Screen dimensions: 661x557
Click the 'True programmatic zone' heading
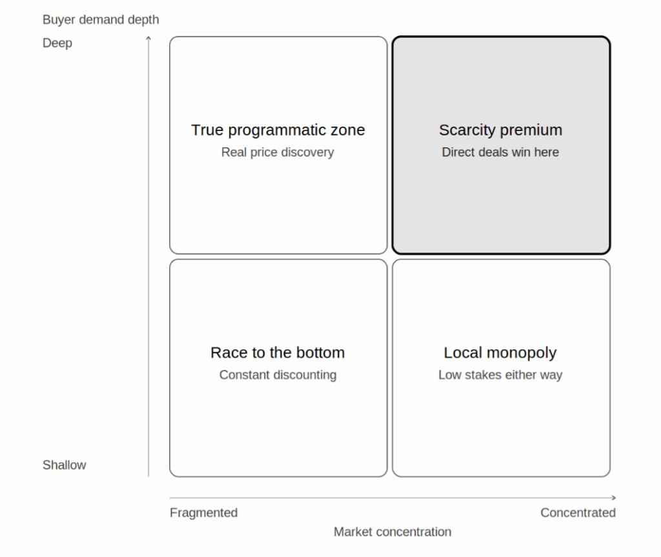278,130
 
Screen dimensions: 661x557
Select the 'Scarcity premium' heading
501,130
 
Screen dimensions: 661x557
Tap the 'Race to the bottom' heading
278,352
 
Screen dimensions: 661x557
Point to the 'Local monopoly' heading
500,353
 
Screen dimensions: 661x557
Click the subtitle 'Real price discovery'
278,152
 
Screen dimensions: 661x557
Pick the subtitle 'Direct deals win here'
500,152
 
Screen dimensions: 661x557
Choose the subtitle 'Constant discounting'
278,375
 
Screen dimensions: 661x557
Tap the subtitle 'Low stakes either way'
500,375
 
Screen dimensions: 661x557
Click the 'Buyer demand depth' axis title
101,20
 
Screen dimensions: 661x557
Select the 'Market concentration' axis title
392,532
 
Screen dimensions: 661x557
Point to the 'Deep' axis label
57,43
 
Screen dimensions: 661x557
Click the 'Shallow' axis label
65,465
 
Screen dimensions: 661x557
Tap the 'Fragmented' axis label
203,512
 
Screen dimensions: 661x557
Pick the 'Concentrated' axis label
578,512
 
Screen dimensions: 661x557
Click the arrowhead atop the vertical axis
148,37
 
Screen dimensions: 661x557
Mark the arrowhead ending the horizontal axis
615,498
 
